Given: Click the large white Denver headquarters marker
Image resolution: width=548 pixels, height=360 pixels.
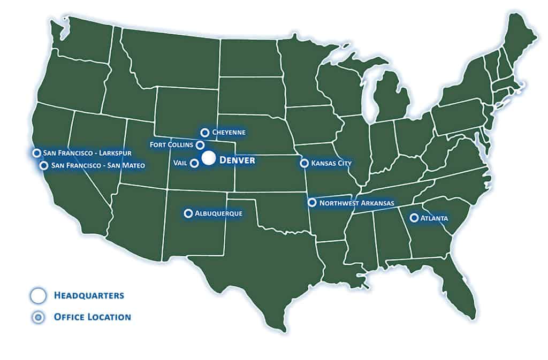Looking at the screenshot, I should coord(209,159).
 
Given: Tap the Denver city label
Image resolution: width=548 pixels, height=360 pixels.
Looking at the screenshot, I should coord(237,159).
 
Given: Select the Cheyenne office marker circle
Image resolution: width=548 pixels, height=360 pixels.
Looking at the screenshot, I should coord(204,132).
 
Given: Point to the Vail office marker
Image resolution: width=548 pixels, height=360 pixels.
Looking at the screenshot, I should coord(195,163).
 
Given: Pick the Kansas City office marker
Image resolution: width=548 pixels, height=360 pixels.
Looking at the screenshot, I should coord(304,163).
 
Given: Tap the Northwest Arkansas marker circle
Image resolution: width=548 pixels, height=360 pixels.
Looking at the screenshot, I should coord(311,202).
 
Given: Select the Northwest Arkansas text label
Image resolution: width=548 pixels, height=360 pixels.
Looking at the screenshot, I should coord(356,203).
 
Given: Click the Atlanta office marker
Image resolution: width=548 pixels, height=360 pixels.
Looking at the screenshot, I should coord(414,218).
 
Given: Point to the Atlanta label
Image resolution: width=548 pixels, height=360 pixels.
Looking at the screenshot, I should coord(435,218).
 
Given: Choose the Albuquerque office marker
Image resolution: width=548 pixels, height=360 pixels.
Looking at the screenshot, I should coord(188,213).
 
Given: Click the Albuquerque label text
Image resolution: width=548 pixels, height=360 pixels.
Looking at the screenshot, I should coord(219,213).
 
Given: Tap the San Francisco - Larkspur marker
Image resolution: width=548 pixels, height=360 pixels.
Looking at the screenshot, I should coord(36,153).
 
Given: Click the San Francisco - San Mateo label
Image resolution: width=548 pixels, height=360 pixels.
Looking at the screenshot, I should coord(98,166).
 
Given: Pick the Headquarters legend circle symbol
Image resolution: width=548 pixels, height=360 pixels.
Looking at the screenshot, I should coord(38,295).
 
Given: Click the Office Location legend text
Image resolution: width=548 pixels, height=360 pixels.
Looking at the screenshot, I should coord(92,317).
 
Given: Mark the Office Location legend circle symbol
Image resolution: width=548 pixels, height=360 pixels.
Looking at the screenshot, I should coord(38,318).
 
